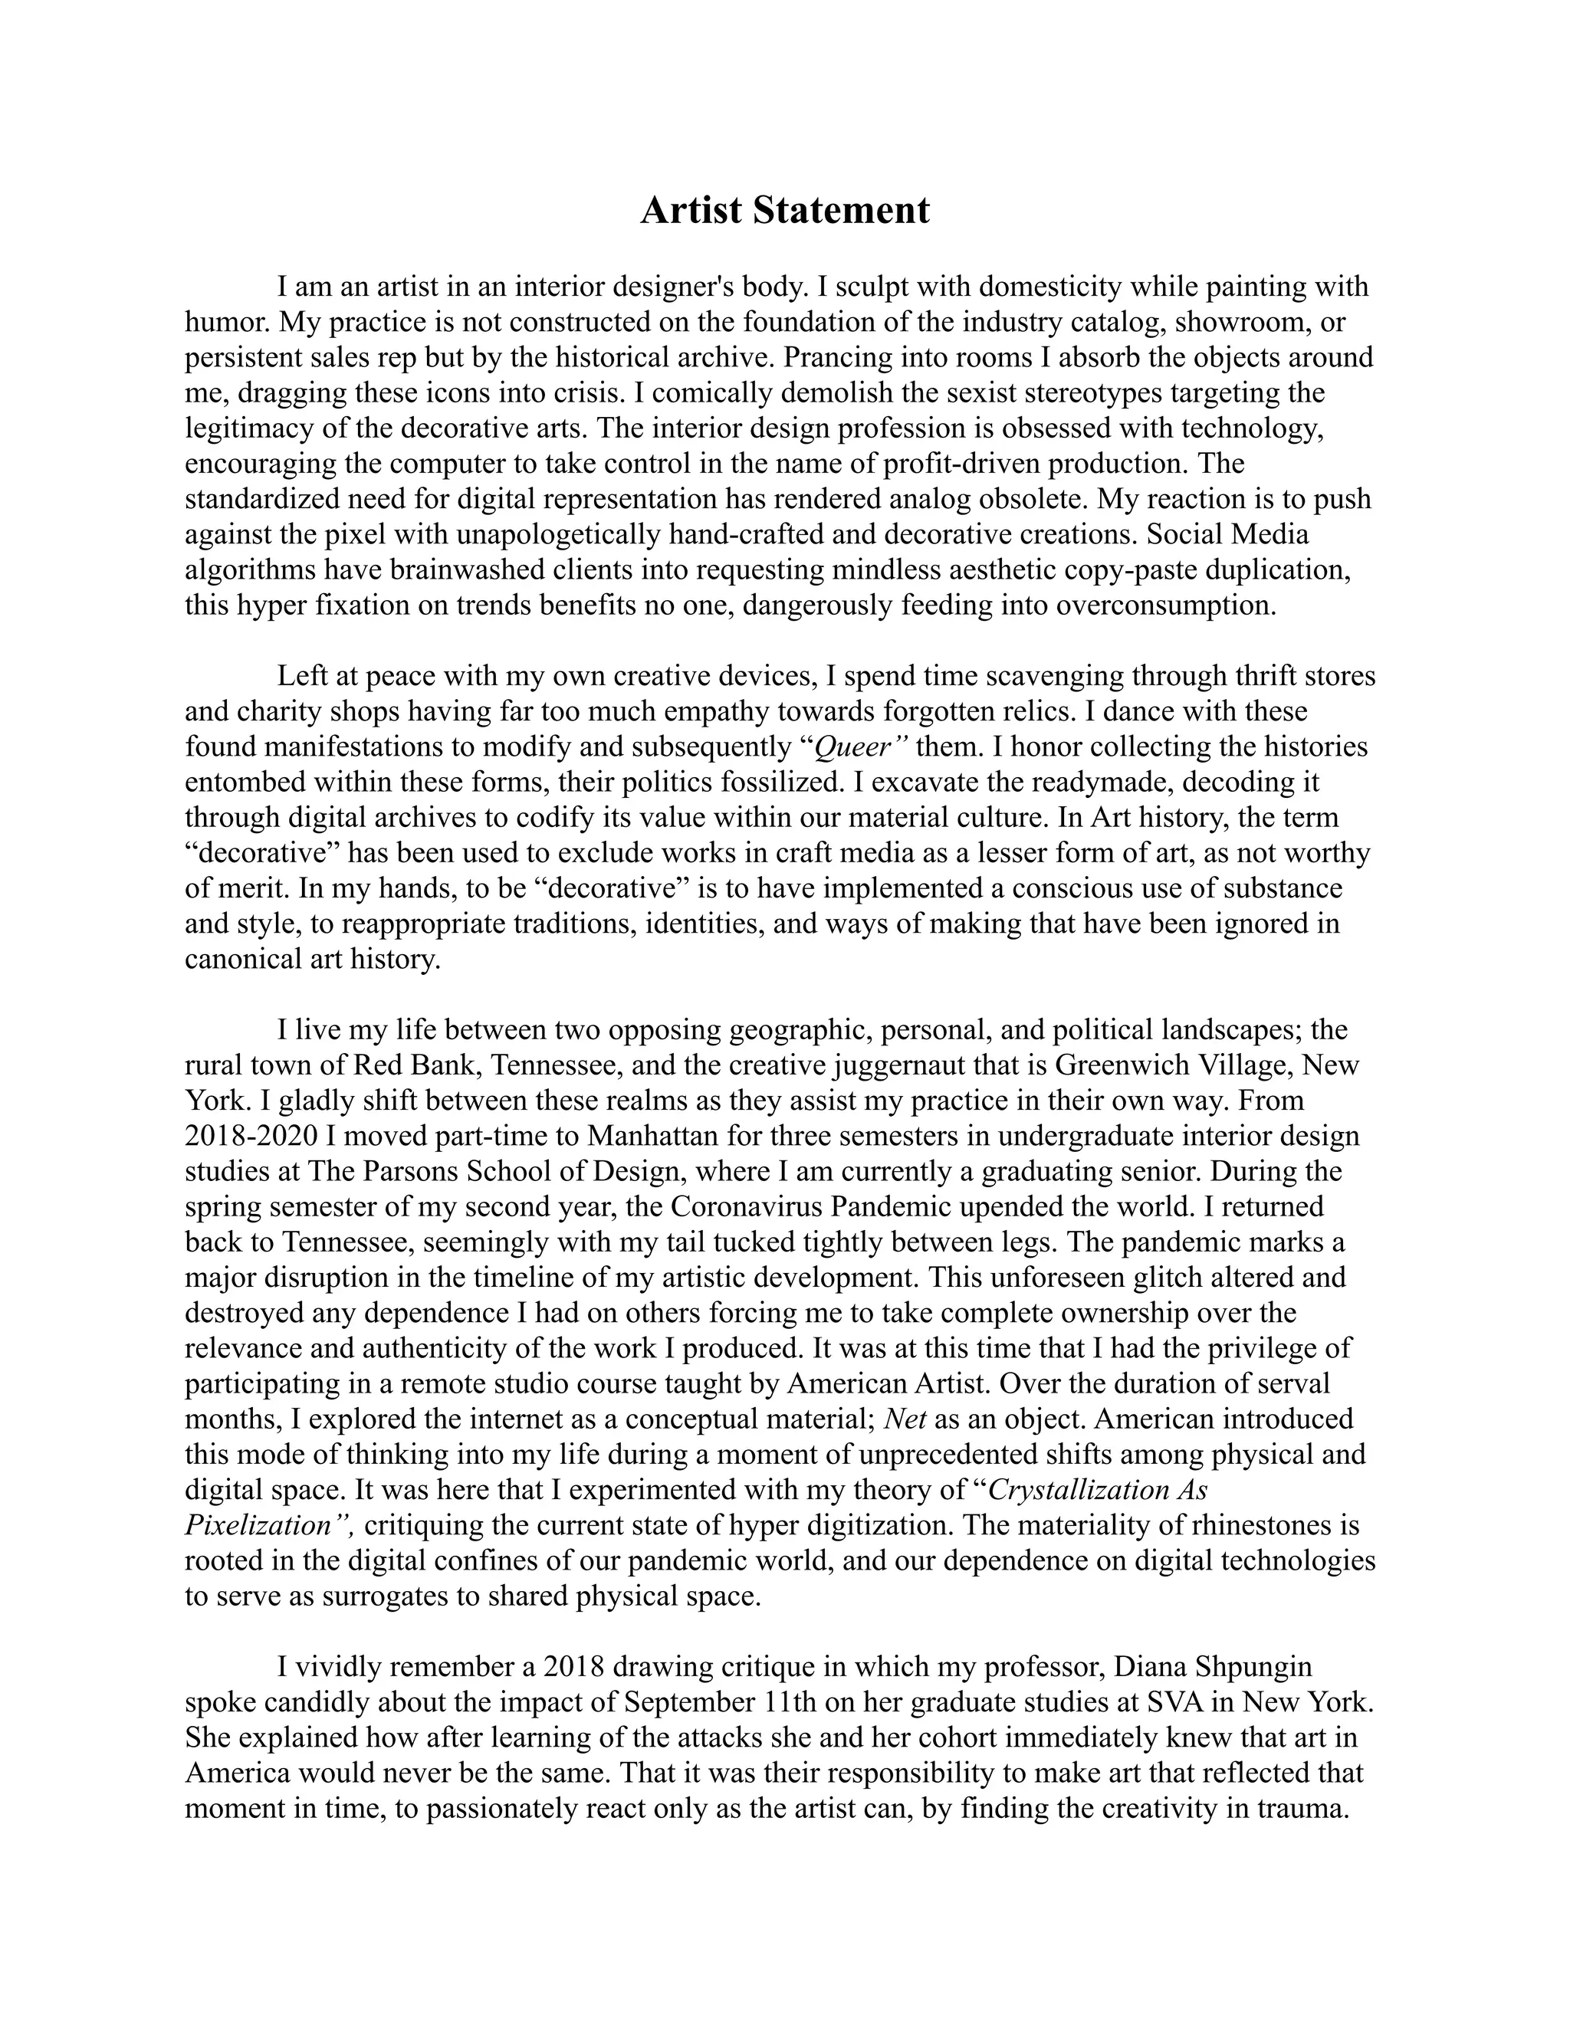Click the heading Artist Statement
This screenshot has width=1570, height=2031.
click(784, 210)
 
